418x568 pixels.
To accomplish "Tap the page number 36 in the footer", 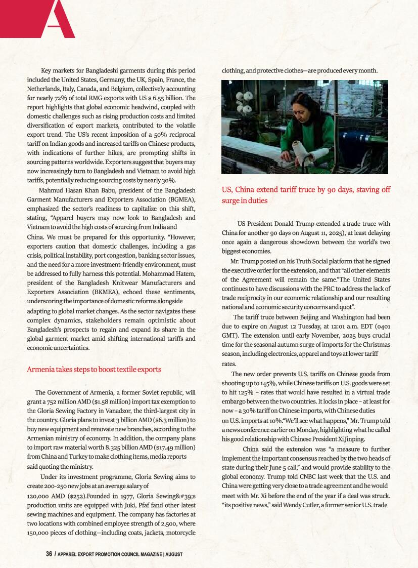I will pos(49,554).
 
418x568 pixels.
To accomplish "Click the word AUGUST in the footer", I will pos(173,554).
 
